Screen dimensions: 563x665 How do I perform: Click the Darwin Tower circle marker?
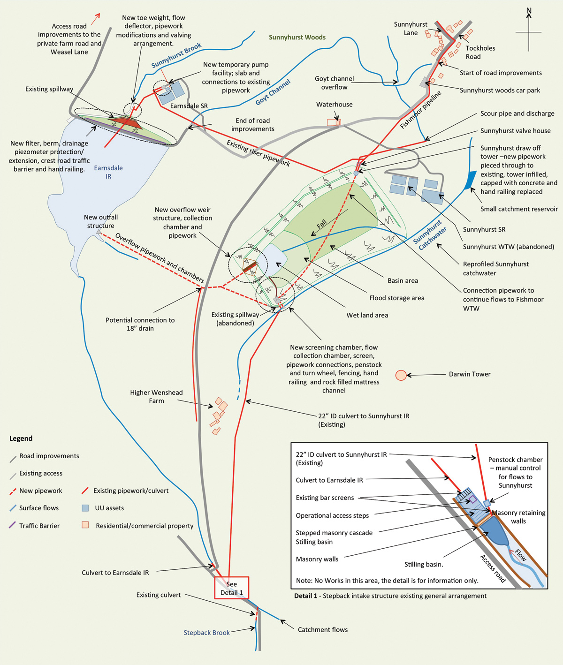coord(401,375)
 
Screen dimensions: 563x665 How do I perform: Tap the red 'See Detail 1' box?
coord(231,588)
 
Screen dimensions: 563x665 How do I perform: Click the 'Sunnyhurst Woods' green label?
coord(297,38)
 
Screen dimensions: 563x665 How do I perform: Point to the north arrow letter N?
coord(529,11)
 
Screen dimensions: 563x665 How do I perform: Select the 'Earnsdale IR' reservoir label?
coord(108,172)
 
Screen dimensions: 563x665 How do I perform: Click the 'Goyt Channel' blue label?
coord(273,92)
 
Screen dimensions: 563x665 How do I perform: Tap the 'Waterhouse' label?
coord(334,104)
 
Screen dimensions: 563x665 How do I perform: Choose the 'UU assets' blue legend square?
coord(85,508)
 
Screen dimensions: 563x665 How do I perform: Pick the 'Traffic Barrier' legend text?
coord(39,526)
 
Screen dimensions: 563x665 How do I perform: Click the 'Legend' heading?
coord(21,438)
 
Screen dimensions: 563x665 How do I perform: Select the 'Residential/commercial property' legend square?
coord(85,525)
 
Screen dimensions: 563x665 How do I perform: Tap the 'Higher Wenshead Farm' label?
coord(156,396)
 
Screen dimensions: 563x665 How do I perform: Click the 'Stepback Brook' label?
coord(206,633)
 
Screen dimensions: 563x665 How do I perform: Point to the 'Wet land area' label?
coord(367,315)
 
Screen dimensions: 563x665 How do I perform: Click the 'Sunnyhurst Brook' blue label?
coord(176,55)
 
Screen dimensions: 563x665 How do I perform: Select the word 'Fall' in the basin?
coord(321,223)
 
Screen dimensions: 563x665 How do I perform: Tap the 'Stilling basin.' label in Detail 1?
coord(424,564)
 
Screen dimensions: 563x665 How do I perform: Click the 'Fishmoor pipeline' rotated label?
coord(421,110)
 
